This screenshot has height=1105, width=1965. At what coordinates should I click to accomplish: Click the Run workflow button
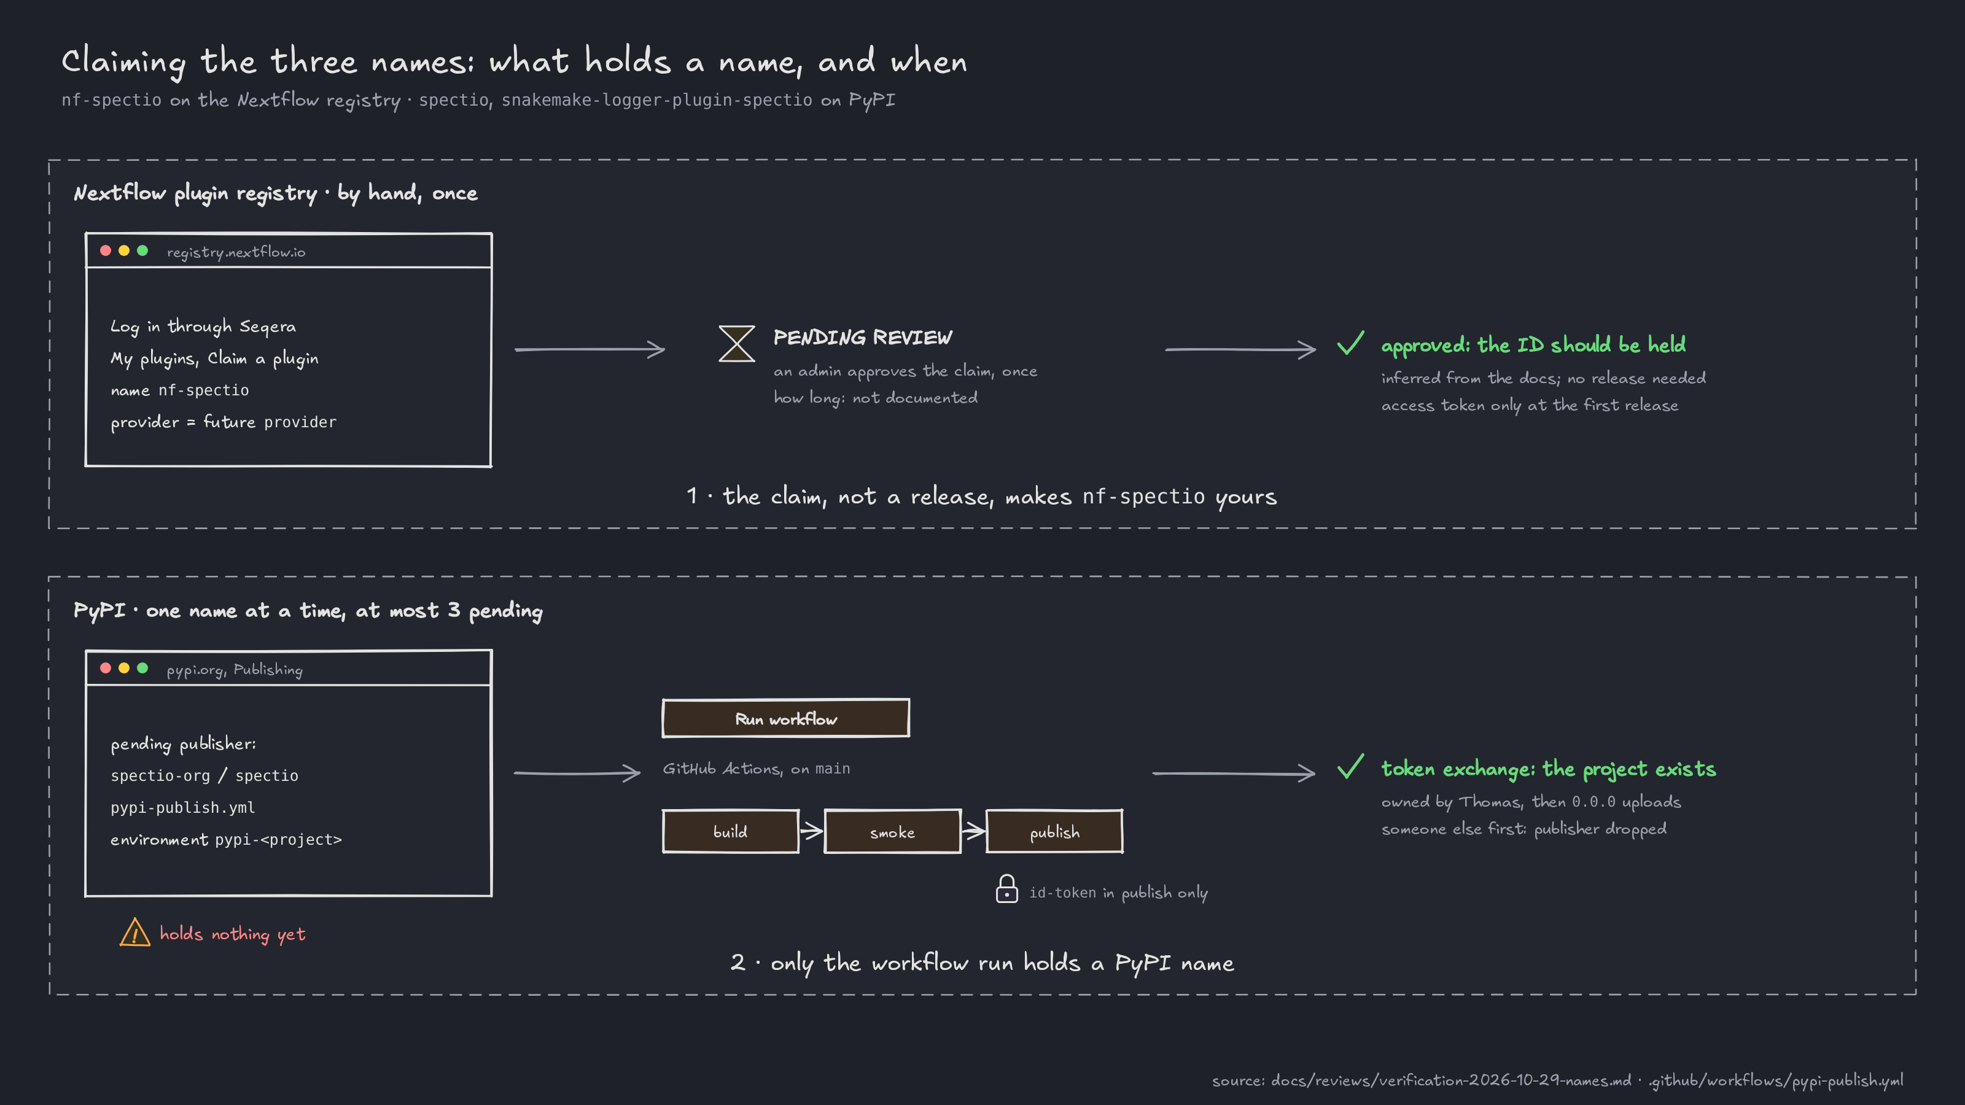[x=786, y=718]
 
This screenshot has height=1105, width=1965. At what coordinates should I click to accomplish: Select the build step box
[x=731, y=831]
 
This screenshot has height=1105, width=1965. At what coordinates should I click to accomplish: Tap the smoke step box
[x=892, y=831]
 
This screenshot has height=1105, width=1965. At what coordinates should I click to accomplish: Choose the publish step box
[x=1054, y=831]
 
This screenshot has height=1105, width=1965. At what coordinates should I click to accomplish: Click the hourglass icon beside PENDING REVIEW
[x=737, y=343]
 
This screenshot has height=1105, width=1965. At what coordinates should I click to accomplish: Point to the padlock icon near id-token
[x=1007, y=889]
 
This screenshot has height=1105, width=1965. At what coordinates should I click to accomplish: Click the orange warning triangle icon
[x=135, y=932]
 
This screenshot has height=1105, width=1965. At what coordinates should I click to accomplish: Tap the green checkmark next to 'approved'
[x=1350, y=343]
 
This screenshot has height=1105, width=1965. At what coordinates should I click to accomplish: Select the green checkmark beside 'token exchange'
[x=1350, y=766]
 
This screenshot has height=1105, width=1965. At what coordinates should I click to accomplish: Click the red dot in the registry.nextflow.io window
[x=105, y=251]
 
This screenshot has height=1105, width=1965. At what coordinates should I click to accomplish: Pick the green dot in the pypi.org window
[x=142, y=668]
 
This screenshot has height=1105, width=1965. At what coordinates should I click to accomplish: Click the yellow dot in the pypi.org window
[x=123, y=668]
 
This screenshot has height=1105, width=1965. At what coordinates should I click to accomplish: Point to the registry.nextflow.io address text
[x=236, y=252]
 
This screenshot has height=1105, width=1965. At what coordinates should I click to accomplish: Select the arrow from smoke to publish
[x=973, y=831]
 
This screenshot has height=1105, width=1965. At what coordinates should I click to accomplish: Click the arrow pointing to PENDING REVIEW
[x=589, y=349]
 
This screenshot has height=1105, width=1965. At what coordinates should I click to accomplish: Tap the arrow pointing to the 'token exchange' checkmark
[x=1234, y=773]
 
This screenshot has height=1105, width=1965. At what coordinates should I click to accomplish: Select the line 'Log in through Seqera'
[x=203, y=327]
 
